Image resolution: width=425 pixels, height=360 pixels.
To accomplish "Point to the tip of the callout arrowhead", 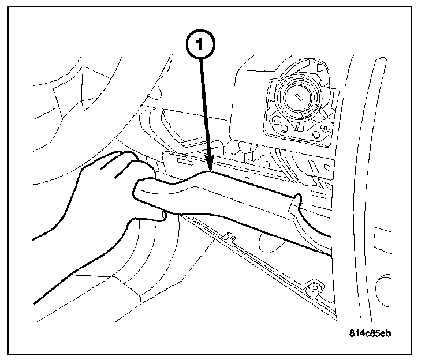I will tap(210, 171).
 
